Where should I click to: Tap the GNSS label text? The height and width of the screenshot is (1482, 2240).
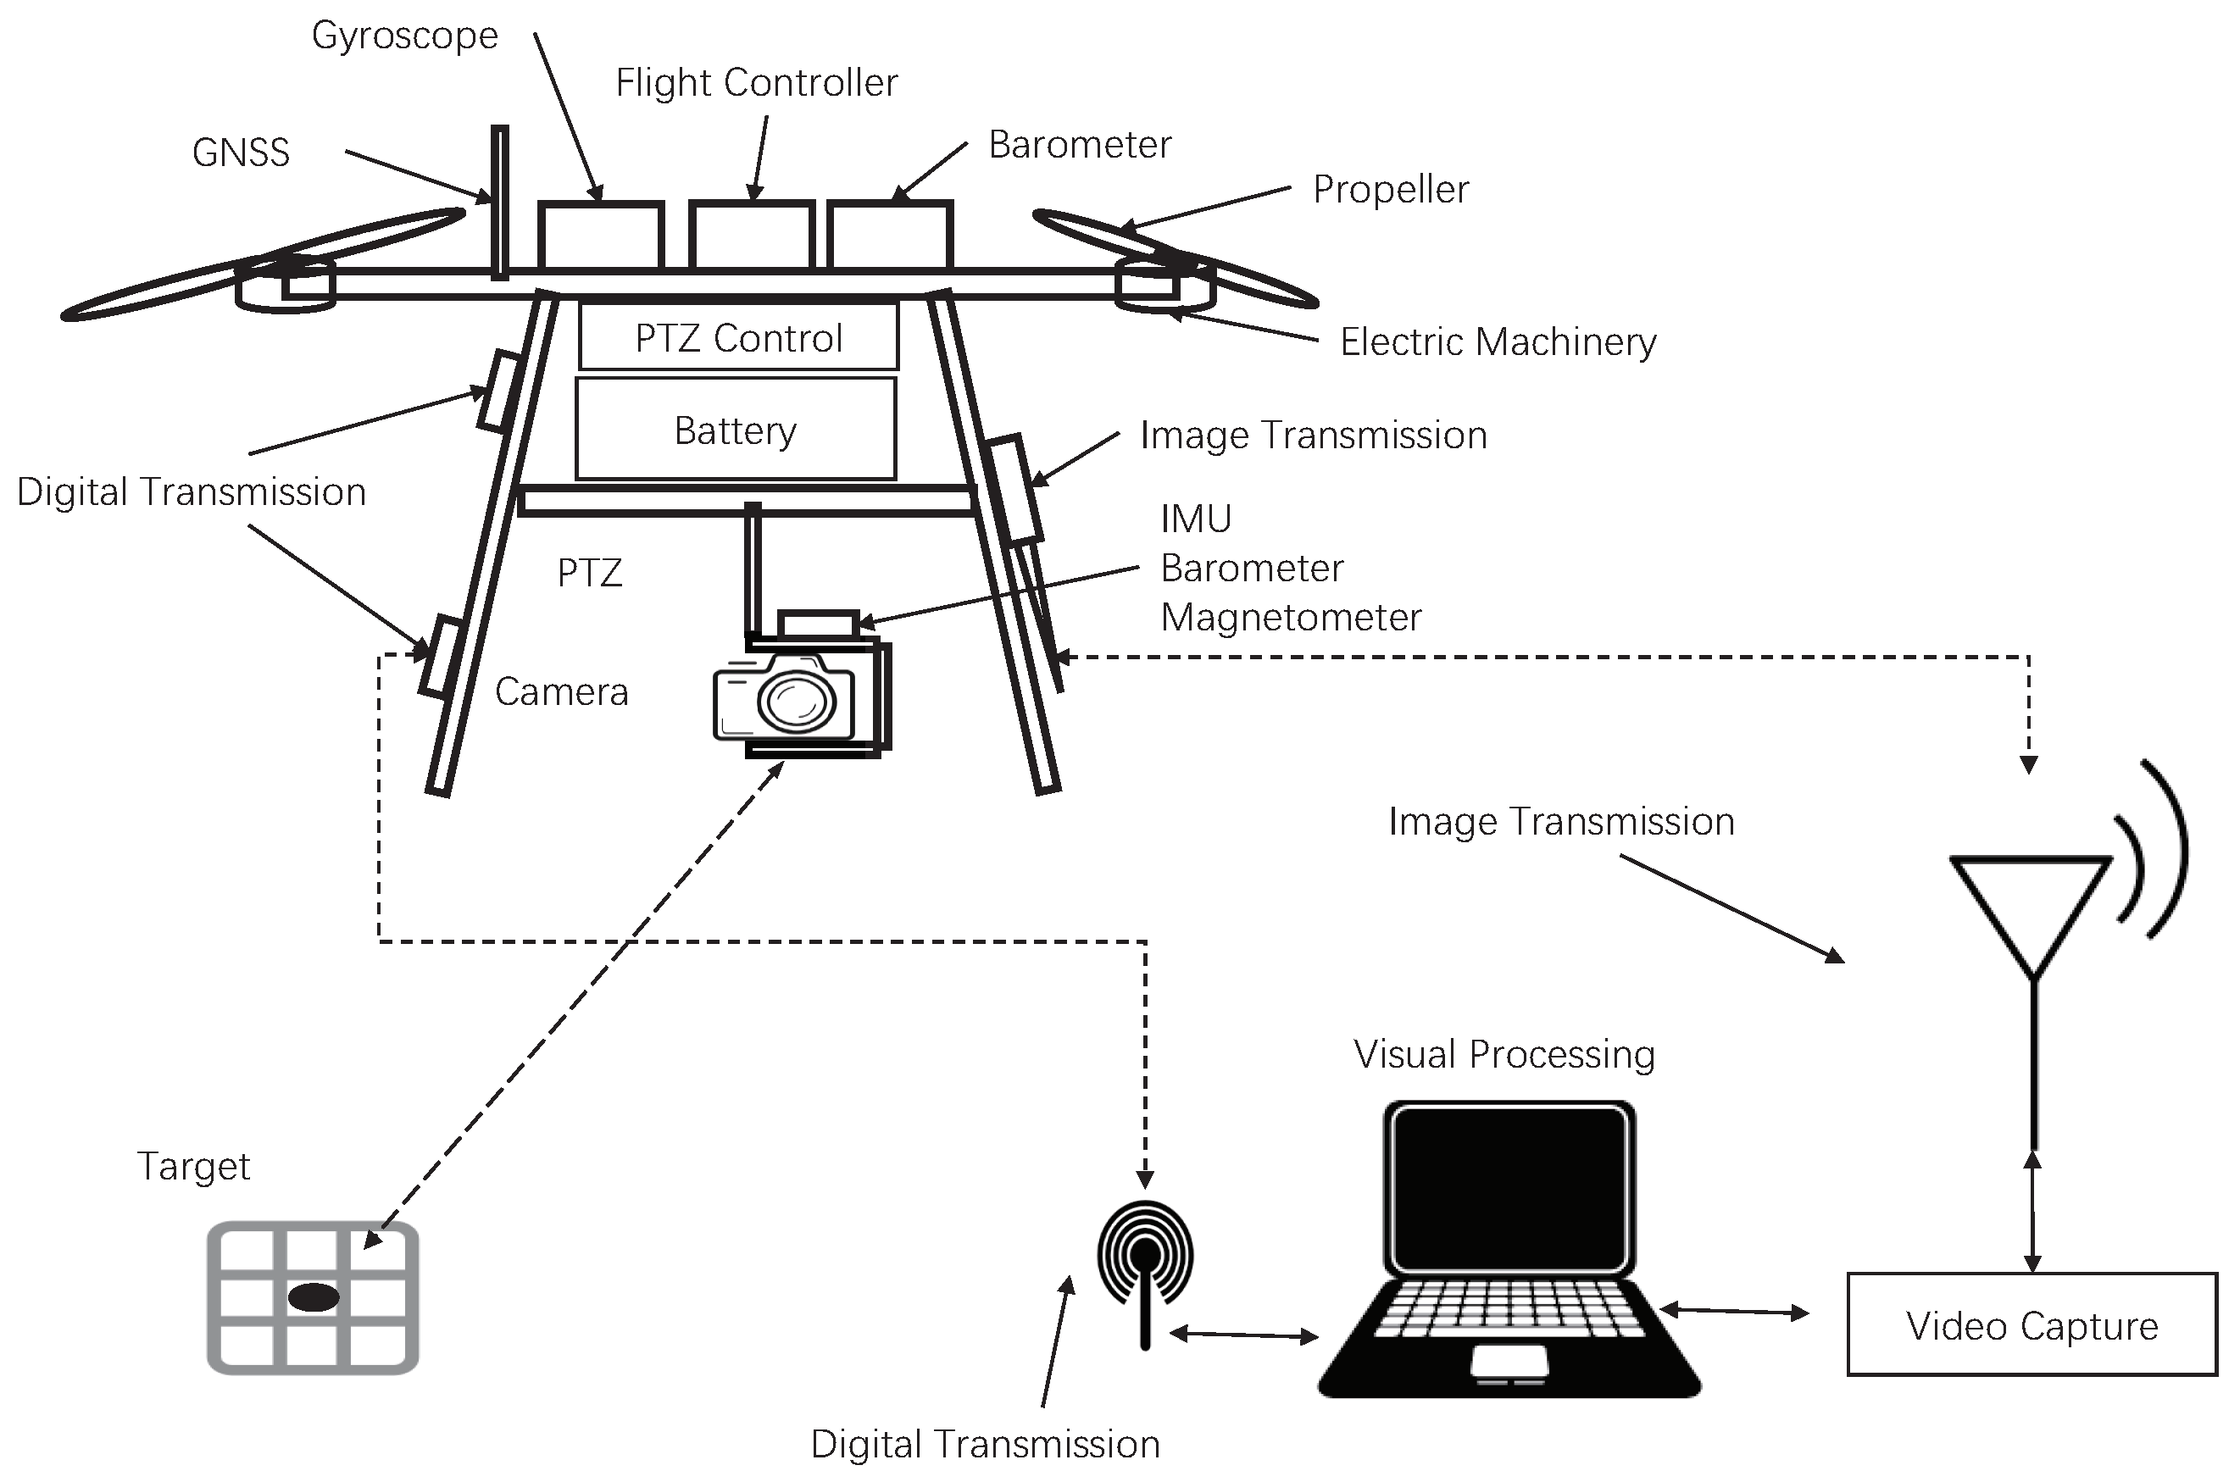[240, 153]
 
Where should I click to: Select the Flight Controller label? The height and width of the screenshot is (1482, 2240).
[756, 83]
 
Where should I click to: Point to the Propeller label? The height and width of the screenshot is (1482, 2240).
[1390, 190]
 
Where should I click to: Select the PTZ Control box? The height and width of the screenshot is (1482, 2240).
[738, 337]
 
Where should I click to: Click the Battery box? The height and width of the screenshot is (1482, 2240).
[736, 430]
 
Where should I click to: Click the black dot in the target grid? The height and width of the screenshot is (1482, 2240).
[314, 1297]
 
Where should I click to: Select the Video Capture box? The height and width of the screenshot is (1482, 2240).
[2032, 1326]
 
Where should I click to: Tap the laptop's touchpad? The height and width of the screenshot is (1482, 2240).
[1509, 1361]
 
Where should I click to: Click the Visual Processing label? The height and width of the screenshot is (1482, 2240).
[1504, 1055]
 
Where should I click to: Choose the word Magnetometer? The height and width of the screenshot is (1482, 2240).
[1290, 618]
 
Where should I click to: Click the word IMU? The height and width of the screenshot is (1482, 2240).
[1196, 519]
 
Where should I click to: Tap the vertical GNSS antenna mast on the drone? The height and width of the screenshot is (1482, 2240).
[499, 203]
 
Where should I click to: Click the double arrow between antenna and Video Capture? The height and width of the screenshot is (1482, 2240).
[2033, 1213]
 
